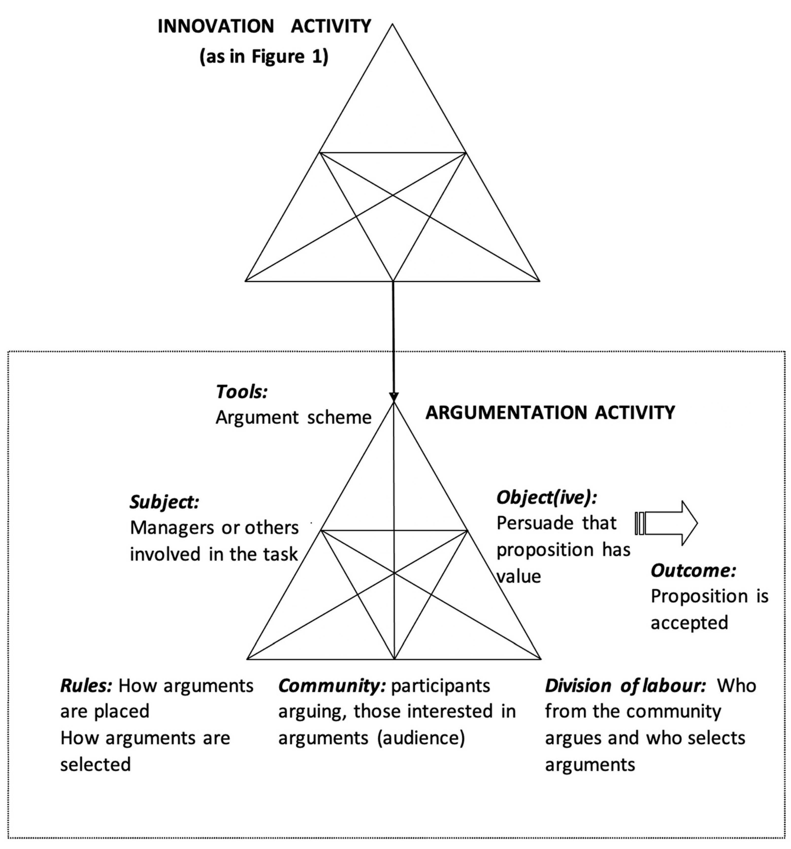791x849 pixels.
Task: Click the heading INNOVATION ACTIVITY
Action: pos(264,26)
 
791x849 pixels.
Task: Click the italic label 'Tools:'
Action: pos(242,392)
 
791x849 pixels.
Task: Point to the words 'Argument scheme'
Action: pos(293,418)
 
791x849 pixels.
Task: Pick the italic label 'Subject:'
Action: pos(164,502)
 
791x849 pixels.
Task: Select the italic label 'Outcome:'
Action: pos(693,571)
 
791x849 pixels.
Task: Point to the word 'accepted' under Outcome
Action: pos(689,623)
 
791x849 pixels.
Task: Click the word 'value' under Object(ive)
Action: pos(519,577)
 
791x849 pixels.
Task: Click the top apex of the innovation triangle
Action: pos(392,25)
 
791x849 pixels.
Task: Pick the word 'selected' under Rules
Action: pos(95,764)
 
